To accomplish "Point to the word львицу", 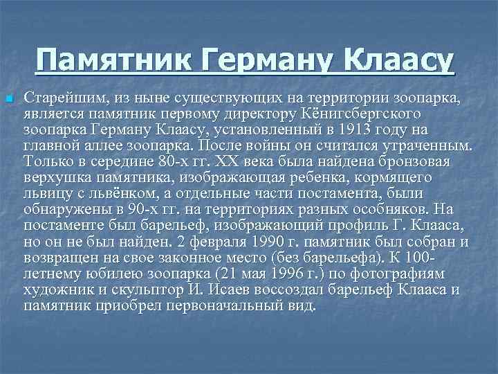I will (x=44, y=193).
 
